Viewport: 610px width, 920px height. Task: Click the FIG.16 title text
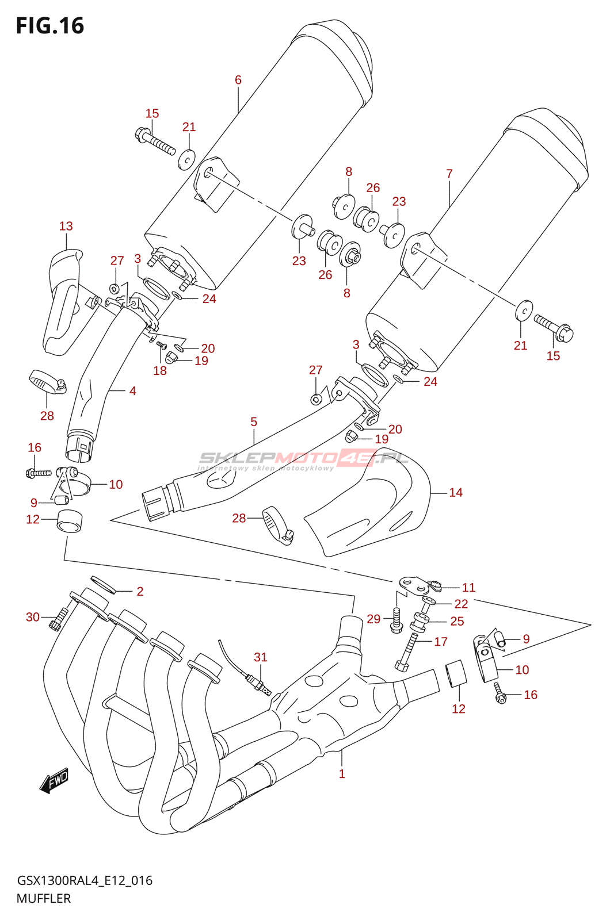point(50,26)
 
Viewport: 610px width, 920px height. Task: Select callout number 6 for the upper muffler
point(238,80)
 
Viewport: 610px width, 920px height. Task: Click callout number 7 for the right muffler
point(449,173)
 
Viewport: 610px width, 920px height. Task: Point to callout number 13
point(66,226)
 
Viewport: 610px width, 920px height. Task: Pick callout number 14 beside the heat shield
point(456,492)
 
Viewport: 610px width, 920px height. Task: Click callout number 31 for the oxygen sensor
point(261,657)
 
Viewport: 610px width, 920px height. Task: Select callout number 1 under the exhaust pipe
point(342,773)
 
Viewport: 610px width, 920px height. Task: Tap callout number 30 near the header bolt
point(33,617)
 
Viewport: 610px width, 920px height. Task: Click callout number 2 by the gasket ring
point(140,591)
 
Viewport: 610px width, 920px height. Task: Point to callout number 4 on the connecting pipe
point(133,391)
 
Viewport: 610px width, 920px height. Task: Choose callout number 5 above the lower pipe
point(254,421)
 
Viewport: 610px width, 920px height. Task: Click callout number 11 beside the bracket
point(469,587)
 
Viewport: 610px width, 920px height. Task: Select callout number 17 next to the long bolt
point(441,641)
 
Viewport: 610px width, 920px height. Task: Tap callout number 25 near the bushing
point(457,621)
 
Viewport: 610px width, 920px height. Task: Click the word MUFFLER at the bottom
point(44,898)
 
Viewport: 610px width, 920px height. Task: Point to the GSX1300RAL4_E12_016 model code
point(85,880)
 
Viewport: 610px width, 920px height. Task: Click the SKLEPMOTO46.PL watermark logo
point(304,459)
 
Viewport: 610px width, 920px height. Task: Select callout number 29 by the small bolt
point(373,619)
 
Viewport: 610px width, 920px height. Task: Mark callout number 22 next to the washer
point(461,604)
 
